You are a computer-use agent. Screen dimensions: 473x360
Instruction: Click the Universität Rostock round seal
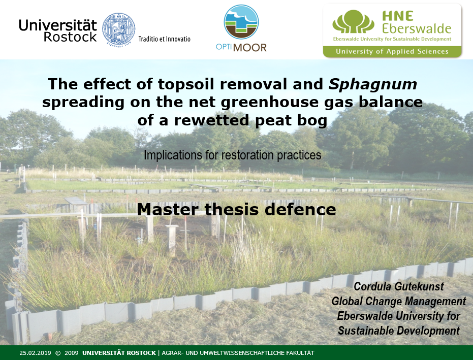[118, 29]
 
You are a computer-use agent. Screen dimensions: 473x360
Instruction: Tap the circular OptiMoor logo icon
[241, 22]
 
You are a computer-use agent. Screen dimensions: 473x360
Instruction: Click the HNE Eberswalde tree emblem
[353, 22]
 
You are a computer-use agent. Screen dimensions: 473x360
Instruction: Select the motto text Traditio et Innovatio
[165, 39]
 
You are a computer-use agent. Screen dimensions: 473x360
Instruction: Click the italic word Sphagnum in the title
[373, 84]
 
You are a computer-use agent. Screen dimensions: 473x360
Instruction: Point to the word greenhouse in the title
[270, 102]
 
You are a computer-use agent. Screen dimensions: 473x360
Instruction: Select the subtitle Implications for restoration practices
[232, 155]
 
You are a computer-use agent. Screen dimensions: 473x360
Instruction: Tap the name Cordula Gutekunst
[398, 286]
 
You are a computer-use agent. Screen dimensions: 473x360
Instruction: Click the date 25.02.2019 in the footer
[35, 353]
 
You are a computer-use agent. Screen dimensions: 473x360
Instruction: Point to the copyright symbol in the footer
[58, 353]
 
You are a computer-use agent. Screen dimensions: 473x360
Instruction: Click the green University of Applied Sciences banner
[392, 52]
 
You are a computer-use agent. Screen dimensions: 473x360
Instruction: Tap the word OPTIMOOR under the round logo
[241, 47]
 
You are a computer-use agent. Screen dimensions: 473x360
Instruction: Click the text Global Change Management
[398, 301]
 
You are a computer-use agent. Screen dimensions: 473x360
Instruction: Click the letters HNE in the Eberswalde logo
[398, 16]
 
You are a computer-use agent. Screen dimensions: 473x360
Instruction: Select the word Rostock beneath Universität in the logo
[70, 37]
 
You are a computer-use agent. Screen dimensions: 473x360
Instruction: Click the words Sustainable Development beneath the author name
[398, 331]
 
